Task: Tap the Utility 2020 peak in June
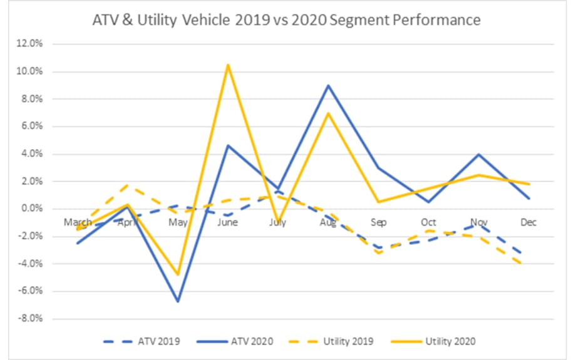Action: pyautogui.click(x=228, y=64)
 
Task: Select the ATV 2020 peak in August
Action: pyautogui.click(x=329, y=85)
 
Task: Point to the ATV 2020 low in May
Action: pyautogui.click(x=178, y=301)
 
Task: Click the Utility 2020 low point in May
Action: pyautogui.click(x=178, y=274)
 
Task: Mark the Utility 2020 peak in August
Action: pyautogui.click(x=329, y=113)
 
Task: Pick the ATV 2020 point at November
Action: pyautogui.click(x=480, y=154)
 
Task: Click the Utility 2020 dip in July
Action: pyautogui.click(x=278, y=223)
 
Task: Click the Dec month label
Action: pyautogui.click(x=530, y=222)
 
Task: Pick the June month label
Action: pyautogui.click(x=228, y=222)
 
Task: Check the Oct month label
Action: pyautogui.click(x=429, y=222)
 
